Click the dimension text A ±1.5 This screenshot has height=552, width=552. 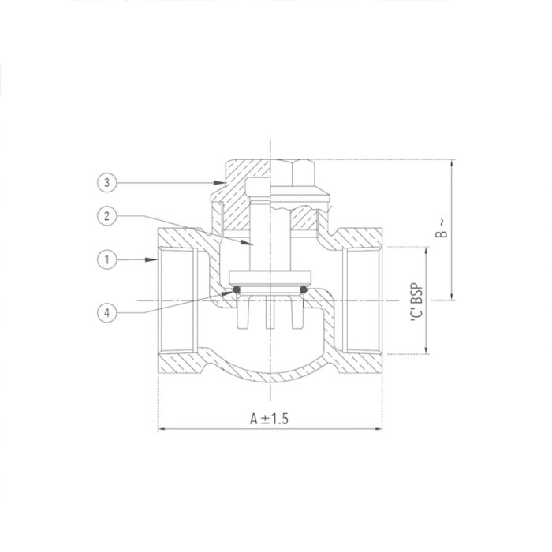(270, 419)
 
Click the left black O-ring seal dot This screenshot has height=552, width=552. (235, 292)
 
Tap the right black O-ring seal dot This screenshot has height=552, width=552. (304, 292)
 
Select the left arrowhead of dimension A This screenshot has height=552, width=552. (162, 430)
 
